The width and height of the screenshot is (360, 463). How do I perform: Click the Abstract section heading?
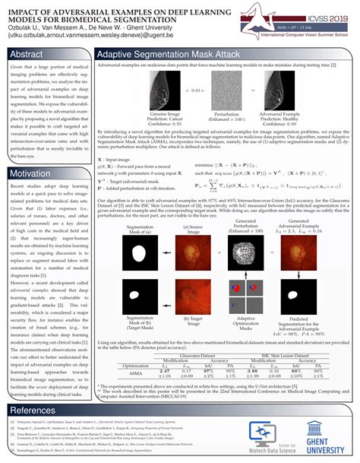tap(26, 55)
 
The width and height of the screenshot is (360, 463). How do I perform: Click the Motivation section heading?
tap(30, 175)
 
